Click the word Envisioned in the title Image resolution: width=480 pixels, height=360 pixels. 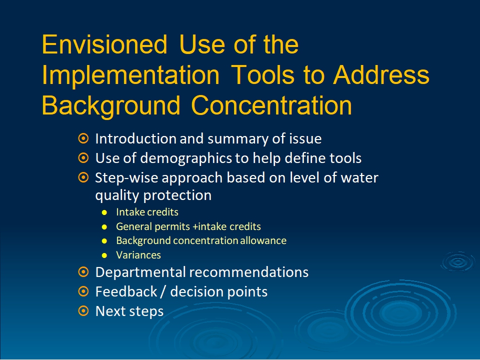point(104,44)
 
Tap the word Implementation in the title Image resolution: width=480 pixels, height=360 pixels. point(130,75)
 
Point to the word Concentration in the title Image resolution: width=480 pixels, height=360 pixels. point(271,105)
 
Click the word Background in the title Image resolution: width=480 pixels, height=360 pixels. point(111,106)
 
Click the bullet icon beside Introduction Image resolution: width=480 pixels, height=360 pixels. point(83,138)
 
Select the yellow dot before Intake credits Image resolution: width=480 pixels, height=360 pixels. point(104,212)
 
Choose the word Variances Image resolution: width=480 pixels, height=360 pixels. point(138,255)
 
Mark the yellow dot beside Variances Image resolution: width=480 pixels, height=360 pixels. point(104,255)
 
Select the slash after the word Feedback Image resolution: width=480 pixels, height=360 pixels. point(163,291)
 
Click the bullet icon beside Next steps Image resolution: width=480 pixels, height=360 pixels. point(83,311)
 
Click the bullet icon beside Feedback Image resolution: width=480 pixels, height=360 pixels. point(83,291)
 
